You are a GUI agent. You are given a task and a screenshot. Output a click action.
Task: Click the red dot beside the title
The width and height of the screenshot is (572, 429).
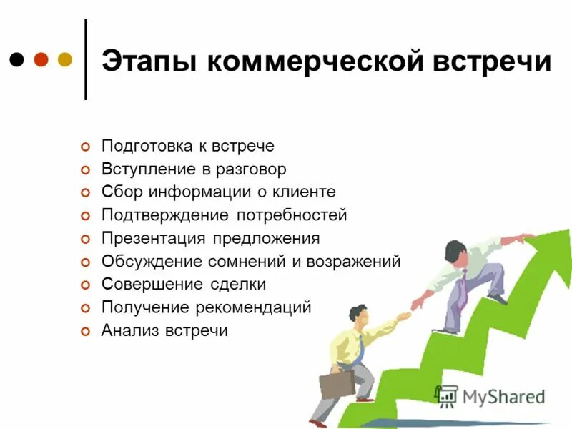[41, 59]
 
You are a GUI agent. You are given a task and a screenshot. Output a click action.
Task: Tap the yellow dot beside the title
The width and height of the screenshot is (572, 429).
[64, 59]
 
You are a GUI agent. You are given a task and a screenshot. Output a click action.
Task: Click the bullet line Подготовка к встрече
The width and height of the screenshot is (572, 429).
[187, 146]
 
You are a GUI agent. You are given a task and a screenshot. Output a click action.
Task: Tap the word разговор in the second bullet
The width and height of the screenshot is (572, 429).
[252, 169]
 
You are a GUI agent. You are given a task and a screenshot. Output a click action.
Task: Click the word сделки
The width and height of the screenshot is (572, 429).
[239, 285]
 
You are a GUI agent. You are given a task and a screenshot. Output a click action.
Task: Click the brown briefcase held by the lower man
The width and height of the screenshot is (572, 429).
[336, 385]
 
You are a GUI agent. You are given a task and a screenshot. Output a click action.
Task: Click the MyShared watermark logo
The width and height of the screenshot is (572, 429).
[490, 397]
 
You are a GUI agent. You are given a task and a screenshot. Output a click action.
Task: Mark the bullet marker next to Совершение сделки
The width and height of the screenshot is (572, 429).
[86, 285]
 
